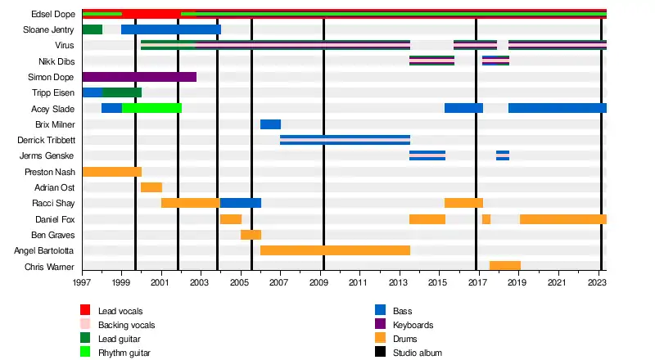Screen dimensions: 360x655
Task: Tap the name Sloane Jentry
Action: pos(50,29)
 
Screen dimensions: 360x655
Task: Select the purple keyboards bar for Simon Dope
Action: pos(139,77)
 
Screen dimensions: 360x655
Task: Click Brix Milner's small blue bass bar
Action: pos(270,124)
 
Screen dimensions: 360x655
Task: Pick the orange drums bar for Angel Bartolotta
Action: pos(335,250)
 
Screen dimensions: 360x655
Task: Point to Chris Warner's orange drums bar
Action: pos(505,266)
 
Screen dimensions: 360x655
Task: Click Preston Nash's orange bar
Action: pos(111,172)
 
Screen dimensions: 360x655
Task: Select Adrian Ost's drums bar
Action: pos(151,187)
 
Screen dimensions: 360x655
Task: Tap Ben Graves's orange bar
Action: pos(251,235)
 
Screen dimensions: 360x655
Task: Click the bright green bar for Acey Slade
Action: pos(151,108)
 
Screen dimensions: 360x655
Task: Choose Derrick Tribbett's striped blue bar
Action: pos(345,140)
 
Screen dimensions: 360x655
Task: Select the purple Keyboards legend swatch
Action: pos(380,325)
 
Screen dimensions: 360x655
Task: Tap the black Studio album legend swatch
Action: pos(380,353)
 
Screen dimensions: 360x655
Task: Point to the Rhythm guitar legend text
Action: pos(124,353)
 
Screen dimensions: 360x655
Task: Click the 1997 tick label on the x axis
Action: pos(82,283)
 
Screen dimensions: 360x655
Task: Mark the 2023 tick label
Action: pos(598,283)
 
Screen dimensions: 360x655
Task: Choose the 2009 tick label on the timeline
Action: pos(319,283)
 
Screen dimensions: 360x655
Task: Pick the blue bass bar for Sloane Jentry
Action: pos(171,29)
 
